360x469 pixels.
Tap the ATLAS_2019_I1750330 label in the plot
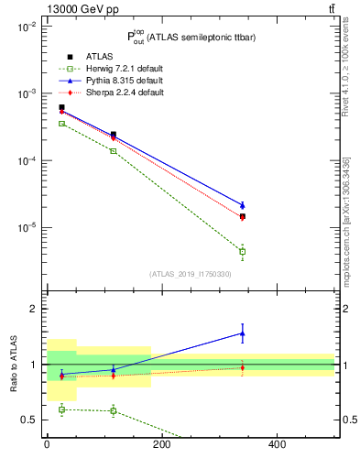click(x=191, y=274)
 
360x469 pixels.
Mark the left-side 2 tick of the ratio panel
click(x=36, y=310)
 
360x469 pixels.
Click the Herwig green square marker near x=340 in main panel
click(x=242, y=251)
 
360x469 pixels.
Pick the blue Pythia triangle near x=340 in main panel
click(x=242, y=205)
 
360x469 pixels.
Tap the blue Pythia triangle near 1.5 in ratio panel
click(x=242, y=333)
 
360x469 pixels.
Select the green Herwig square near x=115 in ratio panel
click(x=113, y=410)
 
